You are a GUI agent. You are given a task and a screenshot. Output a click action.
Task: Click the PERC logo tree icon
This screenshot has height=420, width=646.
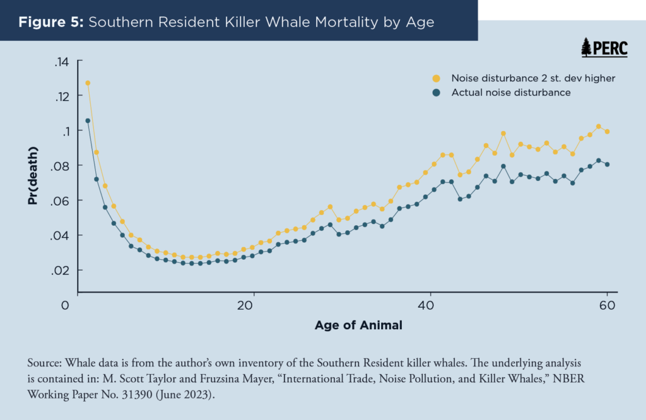click(x=586, y=47)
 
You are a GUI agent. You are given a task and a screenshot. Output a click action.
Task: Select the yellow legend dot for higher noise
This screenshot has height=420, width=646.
click(x=435, y=78)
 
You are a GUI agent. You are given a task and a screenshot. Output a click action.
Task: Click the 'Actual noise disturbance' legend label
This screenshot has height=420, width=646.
click(x=510, y=93)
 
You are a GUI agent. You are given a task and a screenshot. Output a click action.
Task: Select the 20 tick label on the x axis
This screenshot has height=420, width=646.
click(x=245, y=305)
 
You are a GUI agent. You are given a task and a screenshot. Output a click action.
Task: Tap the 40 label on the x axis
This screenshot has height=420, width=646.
click(x=422, y=305)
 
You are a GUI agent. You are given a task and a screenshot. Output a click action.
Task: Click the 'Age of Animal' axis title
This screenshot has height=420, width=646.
click(x=358, y=326)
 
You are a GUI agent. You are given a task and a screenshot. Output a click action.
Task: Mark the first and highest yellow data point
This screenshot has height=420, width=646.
click(x=88, y=83)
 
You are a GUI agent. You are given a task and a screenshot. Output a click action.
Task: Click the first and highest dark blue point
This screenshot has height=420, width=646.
click(x=88, y=120)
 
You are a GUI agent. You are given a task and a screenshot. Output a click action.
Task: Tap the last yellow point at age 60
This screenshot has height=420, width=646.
click(x=607, y=132)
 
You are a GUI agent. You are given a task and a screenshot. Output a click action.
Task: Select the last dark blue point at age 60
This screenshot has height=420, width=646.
click(x=607, y=164)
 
